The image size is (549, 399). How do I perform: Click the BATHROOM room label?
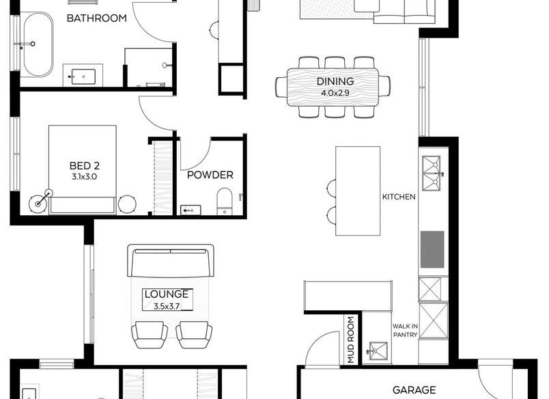tap(97, 18)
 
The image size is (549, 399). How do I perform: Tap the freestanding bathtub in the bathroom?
tap(38, 44)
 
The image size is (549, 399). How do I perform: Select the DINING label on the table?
tap(335, 81)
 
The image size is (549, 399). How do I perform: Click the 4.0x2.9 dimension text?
tap(335, 93)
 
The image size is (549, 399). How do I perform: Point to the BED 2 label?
tap(85, 166)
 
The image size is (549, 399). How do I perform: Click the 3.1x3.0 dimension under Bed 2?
tap(85, 176)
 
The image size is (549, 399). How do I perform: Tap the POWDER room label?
tap(210, 175)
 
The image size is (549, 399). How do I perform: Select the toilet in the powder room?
tap(225, 201)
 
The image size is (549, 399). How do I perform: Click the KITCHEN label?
tap(399, 197)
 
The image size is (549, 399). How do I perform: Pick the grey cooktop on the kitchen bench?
tap(432, 249)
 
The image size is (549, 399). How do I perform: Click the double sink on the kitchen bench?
tap(432, 174)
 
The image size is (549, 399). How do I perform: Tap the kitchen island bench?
tap(358, 191)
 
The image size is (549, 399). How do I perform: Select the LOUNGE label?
tap(167, 294)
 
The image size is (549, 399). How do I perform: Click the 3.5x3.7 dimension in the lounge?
tap(167, 306)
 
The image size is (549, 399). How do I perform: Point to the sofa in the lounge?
tap(171, 261)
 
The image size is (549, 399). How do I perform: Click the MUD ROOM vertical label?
tap(351, 340)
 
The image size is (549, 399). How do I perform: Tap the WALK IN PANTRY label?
tap(405, 331)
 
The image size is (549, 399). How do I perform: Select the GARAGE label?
tap(414, 390)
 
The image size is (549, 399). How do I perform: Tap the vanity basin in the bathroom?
tap(83, 77)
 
